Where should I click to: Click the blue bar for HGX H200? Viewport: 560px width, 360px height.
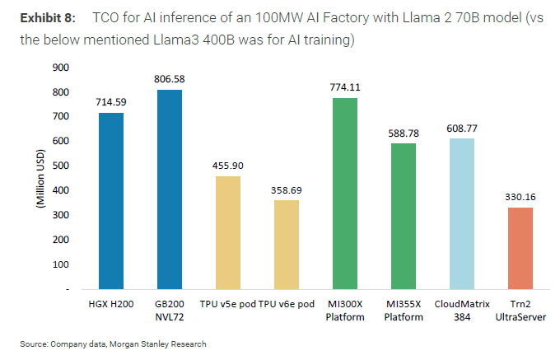111,201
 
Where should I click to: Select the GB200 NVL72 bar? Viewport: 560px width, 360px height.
170,189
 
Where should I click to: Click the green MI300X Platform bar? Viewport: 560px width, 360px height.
345,194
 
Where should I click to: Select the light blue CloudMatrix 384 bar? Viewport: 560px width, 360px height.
462,214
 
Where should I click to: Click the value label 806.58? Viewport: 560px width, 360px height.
170,79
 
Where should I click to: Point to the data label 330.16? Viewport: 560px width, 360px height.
520,197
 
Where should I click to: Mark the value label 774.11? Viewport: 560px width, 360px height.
345,86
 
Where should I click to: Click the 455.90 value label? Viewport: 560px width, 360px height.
228,166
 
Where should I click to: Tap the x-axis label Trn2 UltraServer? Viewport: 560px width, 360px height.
520,311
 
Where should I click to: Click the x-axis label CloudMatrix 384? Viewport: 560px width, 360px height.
462,311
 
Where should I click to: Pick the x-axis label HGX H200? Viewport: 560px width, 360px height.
111,305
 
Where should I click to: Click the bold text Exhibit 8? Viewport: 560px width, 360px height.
42,17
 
